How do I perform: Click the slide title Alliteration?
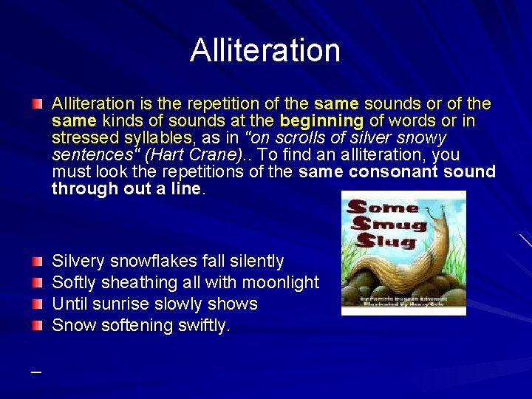(265, 50)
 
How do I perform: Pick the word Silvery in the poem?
(78, 261)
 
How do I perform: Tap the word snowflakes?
(153, 261)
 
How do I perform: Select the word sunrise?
(132, 304)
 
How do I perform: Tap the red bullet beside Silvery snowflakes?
(37, 261)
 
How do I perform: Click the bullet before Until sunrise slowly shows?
(37, 304)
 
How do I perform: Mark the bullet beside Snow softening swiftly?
(37, 325)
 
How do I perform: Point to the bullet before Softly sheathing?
(37, 282)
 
